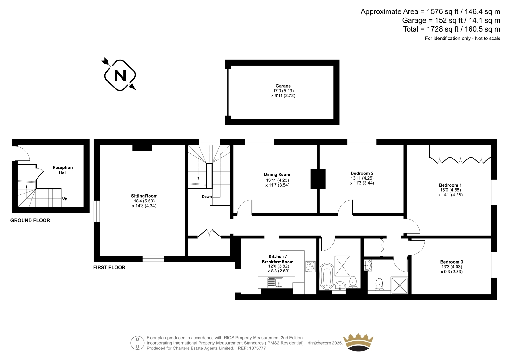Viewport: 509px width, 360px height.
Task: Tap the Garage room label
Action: [x=283, y=86]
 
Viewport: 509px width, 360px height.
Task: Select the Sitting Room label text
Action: [x=144, y=196]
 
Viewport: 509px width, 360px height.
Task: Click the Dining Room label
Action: [x=277, y=174]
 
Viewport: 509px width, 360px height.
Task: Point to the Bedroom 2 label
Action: [x=362, y=173]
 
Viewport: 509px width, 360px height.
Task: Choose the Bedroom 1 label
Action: [x=450, y=185]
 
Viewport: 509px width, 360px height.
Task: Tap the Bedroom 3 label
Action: [x=451, y=262]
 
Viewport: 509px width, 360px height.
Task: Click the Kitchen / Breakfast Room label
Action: [x=278, y=259]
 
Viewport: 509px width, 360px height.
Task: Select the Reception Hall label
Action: [x=63, y=170]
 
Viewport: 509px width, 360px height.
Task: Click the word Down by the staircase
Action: [x=207, y=197]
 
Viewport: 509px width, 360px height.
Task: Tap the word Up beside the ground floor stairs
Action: [x=65, y=198]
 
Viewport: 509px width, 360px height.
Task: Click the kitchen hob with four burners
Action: [x=310, y=266]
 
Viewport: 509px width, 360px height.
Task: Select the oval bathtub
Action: [x=327, y=276]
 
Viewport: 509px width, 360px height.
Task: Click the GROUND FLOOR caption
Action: [x=30, y=220]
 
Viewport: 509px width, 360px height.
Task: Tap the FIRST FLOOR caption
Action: [x=109, y=267]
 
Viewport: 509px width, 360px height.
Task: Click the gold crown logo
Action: [x=358, y=342]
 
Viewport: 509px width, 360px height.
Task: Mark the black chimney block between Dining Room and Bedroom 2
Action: [x=318, y=179]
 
